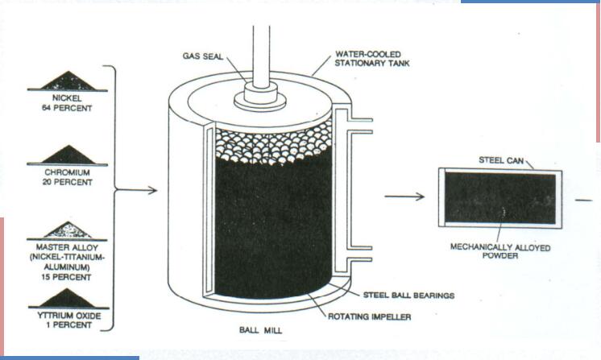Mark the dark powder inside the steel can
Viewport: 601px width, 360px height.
coord(495,199)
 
